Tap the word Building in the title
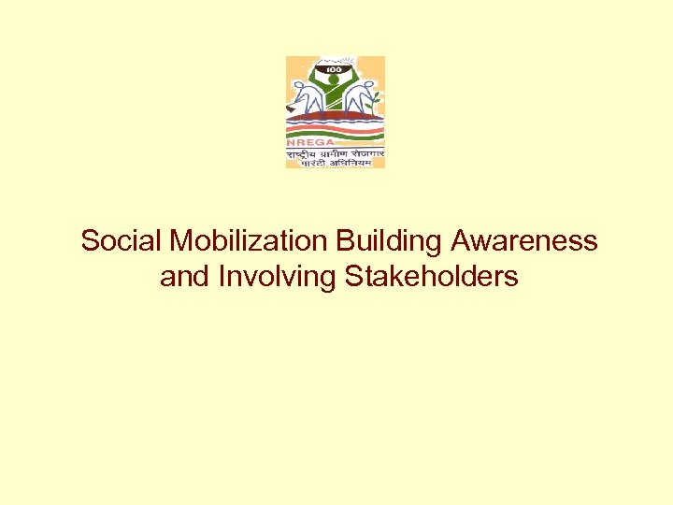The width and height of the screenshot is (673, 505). coord(390,241)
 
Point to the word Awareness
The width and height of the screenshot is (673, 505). coord(523,241)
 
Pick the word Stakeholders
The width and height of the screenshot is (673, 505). coord(431,277)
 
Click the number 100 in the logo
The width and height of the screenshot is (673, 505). coord(335,70)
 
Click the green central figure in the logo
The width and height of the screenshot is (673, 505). coord(335,94)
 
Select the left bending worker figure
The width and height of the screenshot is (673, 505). coord(305,99)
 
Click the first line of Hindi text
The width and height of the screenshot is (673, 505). coord(336,151)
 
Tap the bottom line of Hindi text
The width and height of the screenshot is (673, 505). coord(336,162)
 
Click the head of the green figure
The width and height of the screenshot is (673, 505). coord(335,80)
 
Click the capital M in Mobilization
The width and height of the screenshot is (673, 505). coord(181,241)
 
